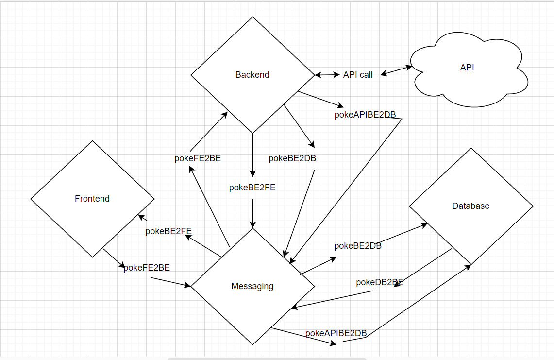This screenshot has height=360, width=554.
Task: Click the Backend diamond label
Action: [252, 75]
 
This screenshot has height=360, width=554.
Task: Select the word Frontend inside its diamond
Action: [92, 199]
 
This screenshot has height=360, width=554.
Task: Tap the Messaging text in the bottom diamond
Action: [252, 286]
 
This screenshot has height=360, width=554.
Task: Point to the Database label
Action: [470, 206]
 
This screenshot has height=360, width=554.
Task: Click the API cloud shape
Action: [467, 68]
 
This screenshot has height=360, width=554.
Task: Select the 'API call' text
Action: [358, 75]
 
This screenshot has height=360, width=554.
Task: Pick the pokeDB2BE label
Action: [379, 282]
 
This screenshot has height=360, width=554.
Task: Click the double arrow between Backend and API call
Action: [327, 75]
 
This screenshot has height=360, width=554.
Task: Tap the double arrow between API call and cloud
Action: [396, 71]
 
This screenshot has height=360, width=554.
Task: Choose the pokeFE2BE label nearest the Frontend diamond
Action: [147, 268]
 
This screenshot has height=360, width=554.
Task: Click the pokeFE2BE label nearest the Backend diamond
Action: [198, 158]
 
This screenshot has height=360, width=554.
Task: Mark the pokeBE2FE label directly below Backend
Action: [252, 188]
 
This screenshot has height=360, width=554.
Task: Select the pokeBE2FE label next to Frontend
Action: [168, 231]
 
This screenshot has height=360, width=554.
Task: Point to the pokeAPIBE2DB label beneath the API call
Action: [365, 115]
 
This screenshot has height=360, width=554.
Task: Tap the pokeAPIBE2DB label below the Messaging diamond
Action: [336, 333]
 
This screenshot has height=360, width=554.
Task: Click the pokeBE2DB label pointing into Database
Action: [358, 246]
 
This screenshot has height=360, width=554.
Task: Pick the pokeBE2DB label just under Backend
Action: [292, 158]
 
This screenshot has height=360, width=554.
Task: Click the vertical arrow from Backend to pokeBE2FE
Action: [252, 154]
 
